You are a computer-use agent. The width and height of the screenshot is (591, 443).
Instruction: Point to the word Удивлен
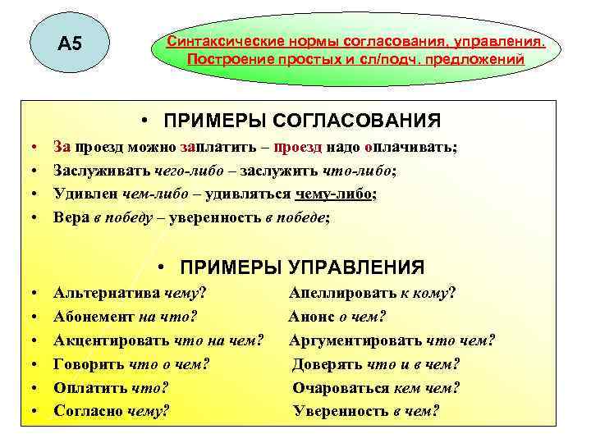(85, 194)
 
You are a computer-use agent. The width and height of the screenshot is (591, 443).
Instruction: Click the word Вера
(71, 217)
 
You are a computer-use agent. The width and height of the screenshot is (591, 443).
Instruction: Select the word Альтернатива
(107, 292)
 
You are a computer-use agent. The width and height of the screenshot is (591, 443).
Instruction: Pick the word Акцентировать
(111, 340)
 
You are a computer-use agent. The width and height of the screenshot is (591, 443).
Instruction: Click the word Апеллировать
(342, 292)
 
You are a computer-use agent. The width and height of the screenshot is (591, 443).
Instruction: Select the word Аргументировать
(355, 340)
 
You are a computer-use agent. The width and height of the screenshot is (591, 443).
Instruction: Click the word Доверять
(329, 363)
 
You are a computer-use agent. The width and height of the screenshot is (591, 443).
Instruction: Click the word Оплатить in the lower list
(89, 387)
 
